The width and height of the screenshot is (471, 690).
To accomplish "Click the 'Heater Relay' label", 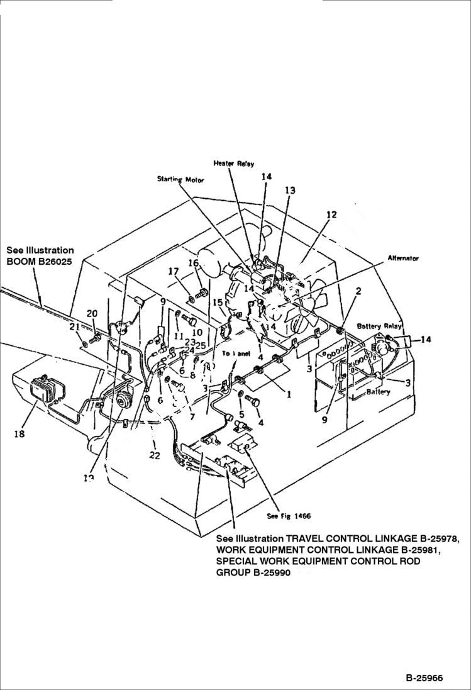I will tap(233, 164).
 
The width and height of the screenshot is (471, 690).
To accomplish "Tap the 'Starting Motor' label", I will tap(180, 179).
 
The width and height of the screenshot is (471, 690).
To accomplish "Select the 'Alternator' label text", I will tap(403, 259).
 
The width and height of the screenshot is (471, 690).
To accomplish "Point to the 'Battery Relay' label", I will tap(378, 326).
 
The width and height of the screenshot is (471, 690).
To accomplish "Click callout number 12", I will tap(331, 214).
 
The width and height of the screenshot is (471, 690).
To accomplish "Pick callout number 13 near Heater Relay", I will tap(289, 190).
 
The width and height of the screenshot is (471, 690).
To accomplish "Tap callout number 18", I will tap(20, 434).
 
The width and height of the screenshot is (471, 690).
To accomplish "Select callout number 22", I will tap(155, 456).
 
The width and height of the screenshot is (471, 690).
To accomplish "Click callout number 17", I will tap(173, 272).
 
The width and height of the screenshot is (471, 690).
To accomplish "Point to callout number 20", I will tap(92, 314).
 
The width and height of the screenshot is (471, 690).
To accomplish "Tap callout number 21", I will tap(74, 326).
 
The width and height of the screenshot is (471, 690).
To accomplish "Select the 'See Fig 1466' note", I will tap(289, 516).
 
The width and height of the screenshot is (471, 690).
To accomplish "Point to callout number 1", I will tap(289, 395).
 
